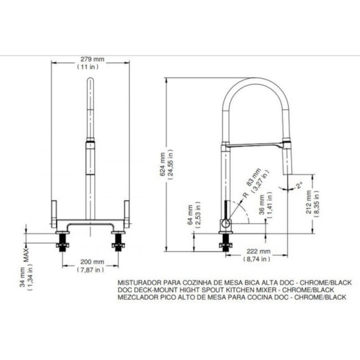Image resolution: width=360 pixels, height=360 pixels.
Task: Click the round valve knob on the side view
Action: tap(225, 223)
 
